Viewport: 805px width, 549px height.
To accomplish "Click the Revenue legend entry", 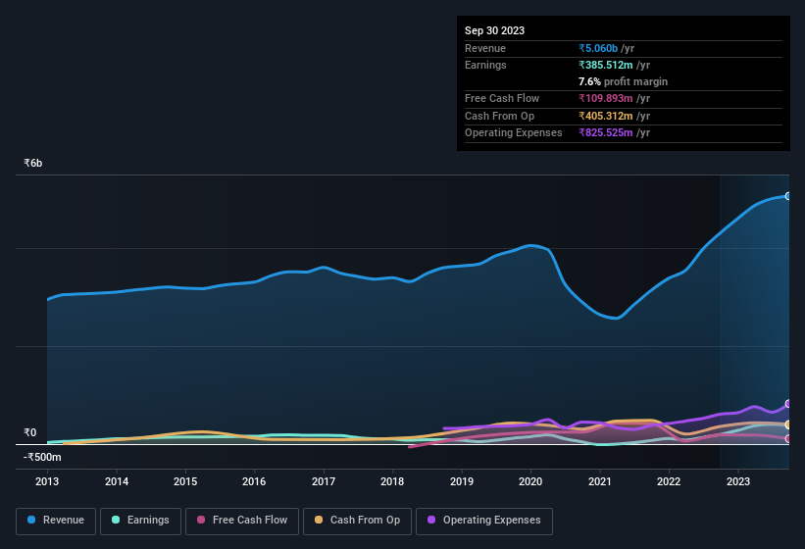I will point(56,520).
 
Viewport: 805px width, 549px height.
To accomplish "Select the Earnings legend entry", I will point(140,520).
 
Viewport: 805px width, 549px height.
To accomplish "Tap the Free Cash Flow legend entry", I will point(242,520).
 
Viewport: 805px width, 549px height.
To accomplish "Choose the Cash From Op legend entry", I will point(356,520).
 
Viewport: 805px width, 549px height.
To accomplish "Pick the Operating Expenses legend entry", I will point(484,520).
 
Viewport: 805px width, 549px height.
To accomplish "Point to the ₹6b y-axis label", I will point(33,163).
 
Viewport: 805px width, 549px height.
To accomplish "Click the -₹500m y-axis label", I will point(42,457).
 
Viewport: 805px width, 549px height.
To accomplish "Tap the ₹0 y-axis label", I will point(29,432).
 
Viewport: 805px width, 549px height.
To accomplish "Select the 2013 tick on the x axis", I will point(47,481).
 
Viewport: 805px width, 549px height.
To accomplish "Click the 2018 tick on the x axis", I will point(392,481).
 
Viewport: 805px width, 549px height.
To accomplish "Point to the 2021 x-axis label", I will point(599,481).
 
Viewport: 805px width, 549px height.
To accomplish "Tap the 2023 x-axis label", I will point(737,481).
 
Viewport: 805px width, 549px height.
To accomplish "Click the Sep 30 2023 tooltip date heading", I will point(494,30).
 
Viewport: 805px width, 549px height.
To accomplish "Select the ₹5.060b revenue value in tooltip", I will point(599,48).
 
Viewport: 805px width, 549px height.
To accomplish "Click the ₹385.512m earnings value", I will point(610,65).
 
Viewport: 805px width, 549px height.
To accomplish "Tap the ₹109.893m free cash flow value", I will point(610,98).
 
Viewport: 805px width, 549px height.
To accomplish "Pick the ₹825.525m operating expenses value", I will point(610,132).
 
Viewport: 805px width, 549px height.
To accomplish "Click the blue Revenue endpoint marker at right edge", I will point(788,196).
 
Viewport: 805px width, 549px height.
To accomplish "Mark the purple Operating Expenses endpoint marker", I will point(788,404).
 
